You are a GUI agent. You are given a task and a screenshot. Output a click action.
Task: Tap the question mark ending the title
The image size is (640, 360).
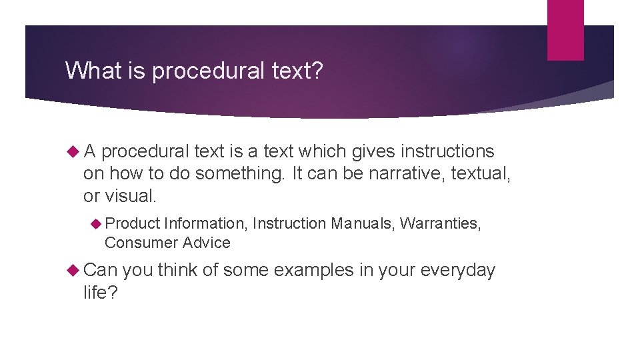317,70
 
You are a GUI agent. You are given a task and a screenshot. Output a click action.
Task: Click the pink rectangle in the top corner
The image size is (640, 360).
565,30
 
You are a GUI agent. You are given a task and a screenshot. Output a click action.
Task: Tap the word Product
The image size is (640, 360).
132,223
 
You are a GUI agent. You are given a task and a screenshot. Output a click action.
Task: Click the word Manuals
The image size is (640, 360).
363,223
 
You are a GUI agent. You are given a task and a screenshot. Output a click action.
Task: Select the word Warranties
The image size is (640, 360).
440,223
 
